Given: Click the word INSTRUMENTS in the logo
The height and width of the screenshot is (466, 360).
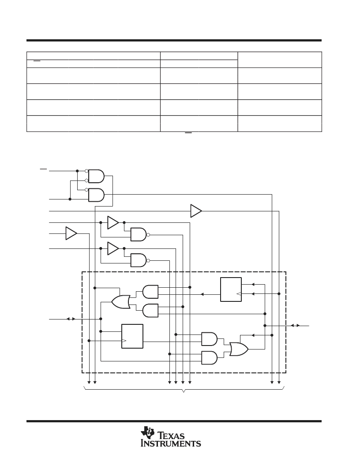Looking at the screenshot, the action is point(171,443).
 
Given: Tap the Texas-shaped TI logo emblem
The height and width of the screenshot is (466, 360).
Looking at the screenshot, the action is point(148,432).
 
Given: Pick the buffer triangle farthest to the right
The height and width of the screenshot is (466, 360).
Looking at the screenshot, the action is point(196,210).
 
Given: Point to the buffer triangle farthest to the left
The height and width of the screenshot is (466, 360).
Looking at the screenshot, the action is point(71,233).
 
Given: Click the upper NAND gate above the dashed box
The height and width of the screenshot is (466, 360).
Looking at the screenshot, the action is point(139,234).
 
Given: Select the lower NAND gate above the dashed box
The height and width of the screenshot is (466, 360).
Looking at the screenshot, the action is point(139,260).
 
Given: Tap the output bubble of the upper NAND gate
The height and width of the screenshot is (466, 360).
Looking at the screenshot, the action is point(148,235).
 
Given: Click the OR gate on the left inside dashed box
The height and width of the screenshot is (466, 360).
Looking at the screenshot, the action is point(121,302).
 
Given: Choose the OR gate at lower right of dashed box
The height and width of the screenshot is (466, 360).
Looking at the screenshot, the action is point(239,349).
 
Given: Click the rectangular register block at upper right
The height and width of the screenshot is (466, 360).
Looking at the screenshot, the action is point(231,289).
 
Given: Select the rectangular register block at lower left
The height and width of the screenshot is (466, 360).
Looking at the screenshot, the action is point(132,336).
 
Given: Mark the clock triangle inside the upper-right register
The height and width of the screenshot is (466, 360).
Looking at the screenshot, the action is point(239,293).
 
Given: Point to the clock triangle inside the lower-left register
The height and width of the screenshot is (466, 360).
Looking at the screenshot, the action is point(124,341).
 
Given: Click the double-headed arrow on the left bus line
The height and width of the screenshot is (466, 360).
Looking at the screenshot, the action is point(71,319).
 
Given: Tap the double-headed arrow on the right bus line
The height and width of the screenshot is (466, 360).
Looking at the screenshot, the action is point(295,325).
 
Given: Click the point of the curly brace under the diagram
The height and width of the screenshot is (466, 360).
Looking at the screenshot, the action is point(184,392).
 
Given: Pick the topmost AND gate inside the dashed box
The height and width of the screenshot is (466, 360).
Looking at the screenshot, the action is point(150,292).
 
